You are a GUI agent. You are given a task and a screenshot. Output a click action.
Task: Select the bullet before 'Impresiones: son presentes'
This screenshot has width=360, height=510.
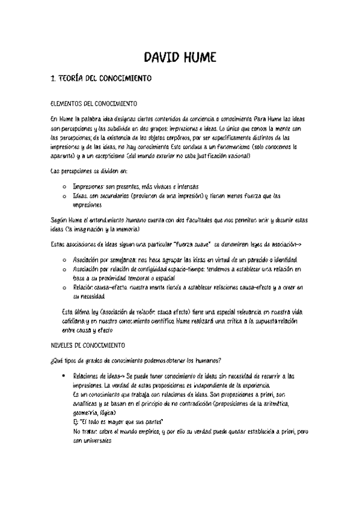pos(64,186)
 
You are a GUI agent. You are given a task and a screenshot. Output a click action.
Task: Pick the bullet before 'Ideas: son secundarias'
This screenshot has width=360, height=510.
pos(64,196)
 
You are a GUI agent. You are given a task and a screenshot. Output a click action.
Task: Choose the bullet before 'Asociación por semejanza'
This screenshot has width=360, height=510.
pos(64,259)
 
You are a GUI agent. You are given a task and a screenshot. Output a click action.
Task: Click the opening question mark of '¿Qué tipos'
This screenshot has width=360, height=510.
pos(52,360)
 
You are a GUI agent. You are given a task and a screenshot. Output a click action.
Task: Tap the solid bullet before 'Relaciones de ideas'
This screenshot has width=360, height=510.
pos(64,376)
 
